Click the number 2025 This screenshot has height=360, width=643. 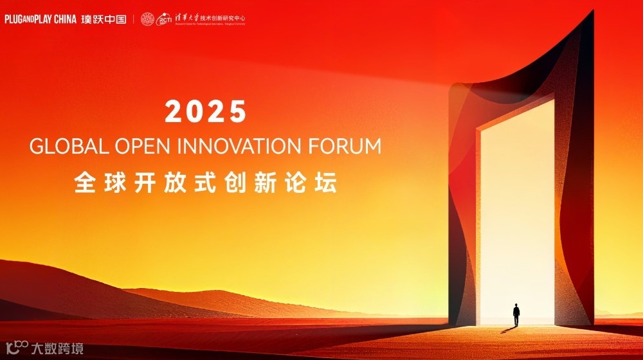pos(206,112)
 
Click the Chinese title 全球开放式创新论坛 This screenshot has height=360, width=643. pos(206,183)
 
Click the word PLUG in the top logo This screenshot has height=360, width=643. pos(14,19)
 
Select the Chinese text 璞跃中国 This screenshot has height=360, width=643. pos(104,19)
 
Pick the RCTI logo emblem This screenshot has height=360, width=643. pos(165,21)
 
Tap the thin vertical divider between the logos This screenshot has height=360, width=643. pos(134,19)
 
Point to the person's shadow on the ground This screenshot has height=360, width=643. pos(508,329)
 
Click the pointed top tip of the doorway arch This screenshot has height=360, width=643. pos(590,13)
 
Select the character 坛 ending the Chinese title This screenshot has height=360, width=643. pos(327,183)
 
